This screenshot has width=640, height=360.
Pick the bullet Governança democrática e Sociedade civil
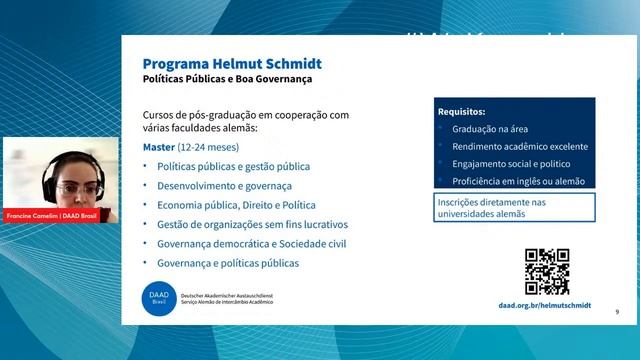click(x=251, y=243)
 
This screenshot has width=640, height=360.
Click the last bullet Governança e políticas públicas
click(x=228, y=263)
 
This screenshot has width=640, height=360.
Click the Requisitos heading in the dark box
click(x=462, y=112)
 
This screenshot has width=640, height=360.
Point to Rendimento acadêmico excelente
click(x=519, y=147)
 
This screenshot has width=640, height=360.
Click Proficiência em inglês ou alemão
click(x=518, y=181)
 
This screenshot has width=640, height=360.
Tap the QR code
click(x=547, y=271)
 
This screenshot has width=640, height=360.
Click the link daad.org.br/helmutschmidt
click(x=544, y=305)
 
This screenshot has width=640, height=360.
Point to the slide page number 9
click(x=617, y=313)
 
